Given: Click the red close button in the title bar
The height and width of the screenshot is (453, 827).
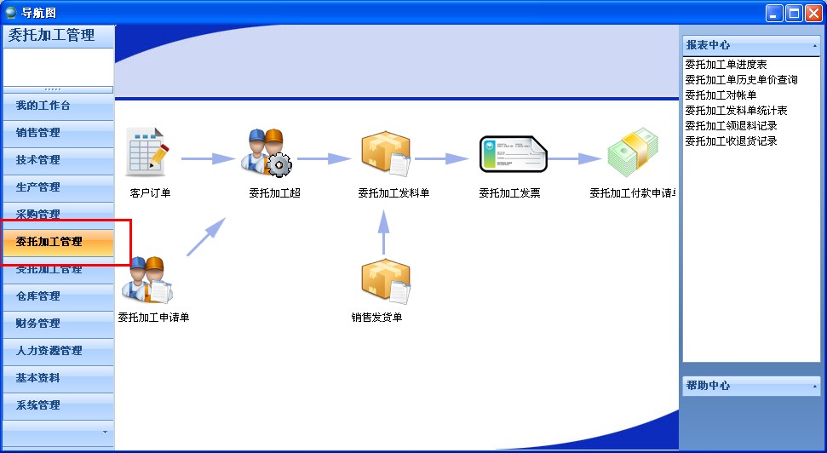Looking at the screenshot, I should tap(813, 13).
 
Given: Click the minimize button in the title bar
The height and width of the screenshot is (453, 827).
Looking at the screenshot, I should tap(774, 13).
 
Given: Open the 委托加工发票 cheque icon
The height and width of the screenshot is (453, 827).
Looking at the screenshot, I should tap(513, 155).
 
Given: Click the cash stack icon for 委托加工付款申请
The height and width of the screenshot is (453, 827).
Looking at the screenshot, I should tap(634, 153).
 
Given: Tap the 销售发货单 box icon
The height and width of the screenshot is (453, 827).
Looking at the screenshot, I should tap(386, 282).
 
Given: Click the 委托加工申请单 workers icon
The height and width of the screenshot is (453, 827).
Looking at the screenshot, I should tap(147, 279).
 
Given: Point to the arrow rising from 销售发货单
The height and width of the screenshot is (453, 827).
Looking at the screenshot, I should tap(383, 231).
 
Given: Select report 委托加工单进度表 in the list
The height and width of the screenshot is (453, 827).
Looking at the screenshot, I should tap(726, 65).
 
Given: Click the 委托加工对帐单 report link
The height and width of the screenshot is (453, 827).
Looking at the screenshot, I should tap(721, 95).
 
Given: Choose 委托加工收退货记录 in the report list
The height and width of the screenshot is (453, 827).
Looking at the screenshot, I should tap(731, 141).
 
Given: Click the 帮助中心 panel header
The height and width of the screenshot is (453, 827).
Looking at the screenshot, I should tap(751, 386).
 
